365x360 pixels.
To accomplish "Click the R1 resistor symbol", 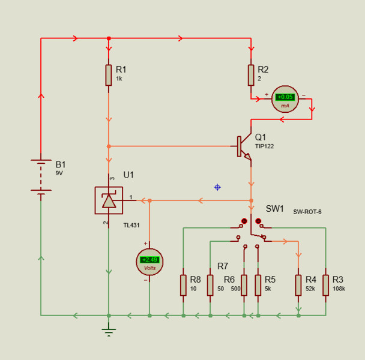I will [109, 74].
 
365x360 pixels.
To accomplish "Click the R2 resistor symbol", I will [251, 74].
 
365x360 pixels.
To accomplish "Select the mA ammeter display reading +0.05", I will [285, 97].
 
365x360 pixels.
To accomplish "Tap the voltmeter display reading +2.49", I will [149, 260].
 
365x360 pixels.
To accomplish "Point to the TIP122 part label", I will [264, 146].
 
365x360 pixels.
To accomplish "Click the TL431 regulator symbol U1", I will [109, 200].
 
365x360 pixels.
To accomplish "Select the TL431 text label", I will [131, 226].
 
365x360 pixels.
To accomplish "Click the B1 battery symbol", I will [41, 176].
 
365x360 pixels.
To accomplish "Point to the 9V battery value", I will [59, 173].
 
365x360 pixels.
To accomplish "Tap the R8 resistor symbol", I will [183, 285].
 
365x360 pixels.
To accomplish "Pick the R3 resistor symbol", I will [325, 285].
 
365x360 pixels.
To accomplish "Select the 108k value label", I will [339, 289].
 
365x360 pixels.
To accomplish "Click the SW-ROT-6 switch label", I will [307, 212].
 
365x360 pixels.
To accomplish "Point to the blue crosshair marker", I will [217, 187].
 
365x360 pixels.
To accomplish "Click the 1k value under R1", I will [119, 79].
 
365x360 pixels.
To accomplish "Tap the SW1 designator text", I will [275, 209].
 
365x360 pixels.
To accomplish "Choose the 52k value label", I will [310, 289].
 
